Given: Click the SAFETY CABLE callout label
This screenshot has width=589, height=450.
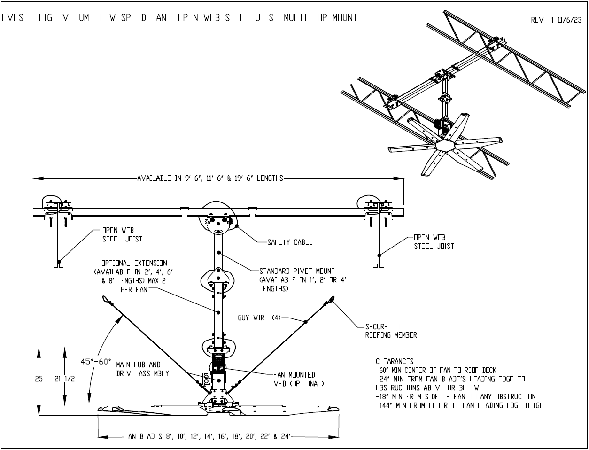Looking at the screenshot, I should (x=290, y=242).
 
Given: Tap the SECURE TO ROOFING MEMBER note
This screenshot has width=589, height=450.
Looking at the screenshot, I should (x=391, y=331).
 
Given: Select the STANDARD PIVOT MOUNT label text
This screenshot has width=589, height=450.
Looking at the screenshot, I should (x=297, y=280).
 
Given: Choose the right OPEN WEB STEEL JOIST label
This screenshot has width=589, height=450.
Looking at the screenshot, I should (x=434, y=242).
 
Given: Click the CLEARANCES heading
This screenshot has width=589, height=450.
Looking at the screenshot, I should (x=395, y=361).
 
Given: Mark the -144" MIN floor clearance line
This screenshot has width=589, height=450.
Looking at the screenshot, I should (x=461, y=405).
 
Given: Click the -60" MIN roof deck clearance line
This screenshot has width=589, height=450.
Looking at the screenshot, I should (x=435, y=370).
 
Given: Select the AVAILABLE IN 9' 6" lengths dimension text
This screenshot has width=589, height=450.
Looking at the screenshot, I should (x=210, y=178).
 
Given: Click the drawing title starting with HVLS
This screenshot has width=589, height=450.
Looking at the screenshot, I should (x=180, y=18).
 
